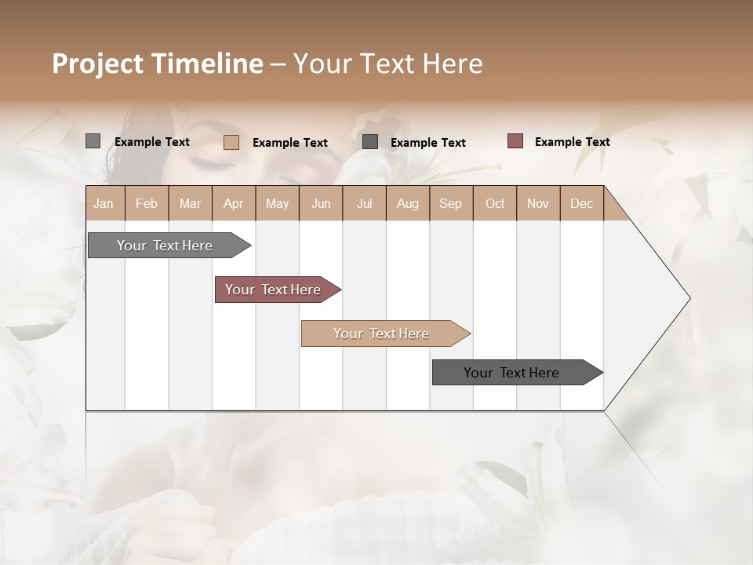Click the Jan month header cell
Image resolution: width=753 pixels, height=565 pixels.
tap(104, 203)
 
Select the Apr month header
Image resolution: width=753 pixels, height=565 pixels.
tap(234, 203)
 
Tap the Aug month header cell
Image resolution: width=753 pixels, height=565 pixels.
tap(408, 203)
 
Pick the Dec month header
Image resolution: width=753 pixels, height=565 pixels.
tap(581, 203)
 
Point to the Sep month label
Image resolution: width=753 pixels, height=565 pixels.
tap(451, 203)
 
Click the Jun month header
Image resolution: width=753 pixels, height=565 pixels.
tap(321, 203)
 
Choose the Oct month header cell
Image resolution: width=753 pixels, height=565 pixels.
tap(495, 203)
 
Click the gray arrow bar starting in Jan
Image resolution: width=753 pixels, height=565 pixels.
tap(166, 246)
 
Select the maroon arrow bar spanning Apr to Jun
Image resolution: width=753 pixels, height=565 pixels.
tap(274, 290)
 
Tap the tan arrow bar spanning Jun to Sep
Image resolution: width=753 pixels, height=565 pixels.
tap(382, 334)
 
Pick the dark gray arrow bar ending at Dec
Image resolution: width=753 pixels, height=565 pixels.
tap(512, 373)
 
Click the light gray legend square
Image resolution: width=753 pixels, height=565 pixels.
tap(93, 141)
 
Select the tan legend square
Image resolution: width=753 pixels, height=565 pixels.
tap(231, 142)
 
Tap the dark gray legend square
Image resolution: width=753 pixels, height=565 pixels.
tap(370, 142)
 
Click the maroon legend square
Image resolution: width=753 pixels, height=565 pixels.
tap(515, 141)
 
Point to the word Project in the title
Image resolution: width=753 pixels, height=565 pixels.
tap(96, 64)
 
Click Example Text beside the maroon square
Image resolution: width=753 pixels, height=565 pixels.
tap(572, 142)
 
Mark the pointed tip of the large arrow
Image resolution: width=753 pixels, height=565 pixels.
tap(689, 298)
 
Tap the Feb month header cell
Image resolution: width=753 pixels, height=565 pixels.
tap(147, 203)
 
